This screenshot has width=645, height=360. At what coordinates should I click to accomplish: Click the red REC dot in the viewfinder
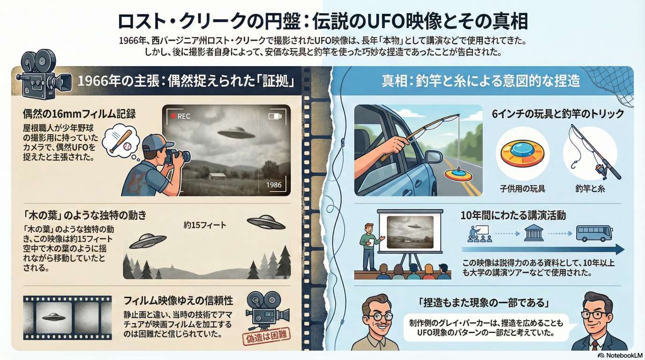[173, 116]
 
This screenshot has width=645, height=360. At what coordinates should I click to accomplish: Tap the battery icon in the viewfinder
[275, 116]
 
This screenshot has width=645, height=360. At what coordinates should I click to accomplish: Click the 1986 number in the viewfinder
[274, 185]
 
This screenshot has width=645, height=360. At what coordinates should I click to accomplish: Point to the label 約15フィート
[205, 225]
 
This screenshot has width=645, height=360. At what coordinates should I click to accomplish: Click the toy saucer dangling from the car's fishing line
[458, 174]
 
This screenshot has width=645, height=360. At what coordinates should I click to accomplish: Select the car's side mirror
[434, 157]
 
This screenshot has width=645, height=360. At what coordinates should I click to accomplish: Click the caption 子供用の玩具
[522, 188]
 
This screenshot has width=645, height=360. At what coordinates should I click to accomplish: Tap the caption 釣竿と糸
[590, 188]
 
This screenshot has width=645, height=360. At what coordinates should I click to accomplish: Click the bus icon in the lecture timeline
[594, 233]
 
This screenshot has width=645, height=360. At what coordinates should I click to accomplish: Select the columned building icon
[534, 232]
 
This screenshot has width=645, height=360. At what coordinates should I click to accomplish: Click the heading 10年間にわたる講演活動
[513, 216]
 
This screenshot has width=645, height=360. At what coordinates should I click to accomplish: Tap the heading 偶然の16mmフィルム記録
[79, 114]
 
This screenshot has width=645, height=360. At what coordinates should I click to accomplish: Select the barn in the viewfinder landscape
[217, 176]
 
